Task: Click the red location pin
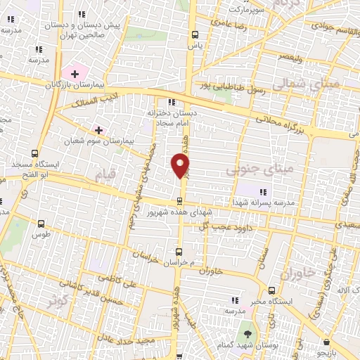point(181,165)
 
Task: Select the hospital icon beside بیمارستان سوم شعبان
point(98,130)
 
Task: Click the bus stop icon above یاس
point(195,34)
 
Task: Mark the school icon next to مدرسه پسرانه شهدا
point(262,191)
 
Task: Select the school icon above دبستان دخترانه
point(172,101)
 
